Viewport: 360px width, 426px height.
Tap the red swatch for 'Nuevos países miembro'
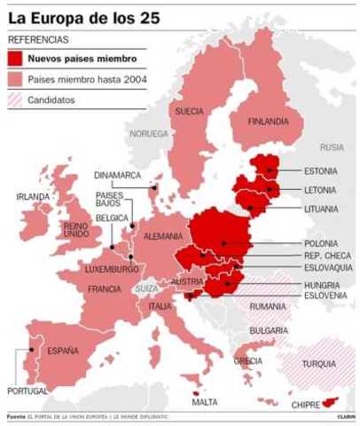tap(16, 59)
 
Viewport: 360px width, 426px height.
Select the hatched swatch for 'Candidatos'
tap(16, 100)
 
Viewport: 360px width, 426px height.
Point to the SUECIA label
tap(189, 112)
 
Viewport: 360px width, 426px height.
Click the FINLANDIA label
tap(269, 121)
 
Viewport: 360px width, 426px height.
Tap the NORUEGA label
tap(148, 134)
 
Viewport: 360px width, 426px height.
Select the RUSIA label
tap(332, 147)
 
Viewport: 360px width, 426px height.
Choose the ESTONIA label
tap(320, 170)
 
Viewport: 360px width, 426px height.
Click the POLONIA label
tap(320, 243)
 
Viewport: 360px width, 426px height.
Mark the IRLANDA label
tap(33, 196)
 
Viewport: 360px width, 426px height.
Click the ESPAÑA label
tap(63, 351)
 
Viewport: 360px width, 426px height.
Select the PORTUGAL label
tap(27, 390)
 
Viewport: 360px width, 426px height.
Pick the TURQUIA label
tap(318, 364)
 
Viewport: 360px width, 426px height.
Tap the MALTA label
tap(205, 402)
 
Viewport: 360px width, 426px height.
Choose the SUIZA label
tap(146, 288)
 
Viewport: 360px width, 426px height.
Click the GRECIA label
tap(248, 361)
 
